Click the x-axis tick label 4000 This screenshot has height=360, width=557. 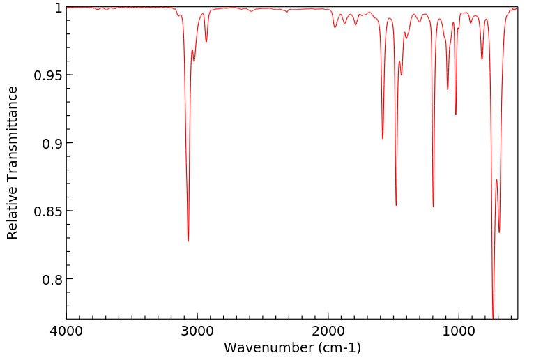66,330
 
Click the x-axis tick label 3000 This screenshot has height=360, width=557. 197,330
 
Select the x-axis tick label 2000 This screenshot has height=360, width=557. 328,330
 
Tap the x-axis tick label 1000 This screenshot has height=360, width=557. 459,330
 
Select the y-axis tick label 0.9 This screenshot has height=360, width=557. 51,143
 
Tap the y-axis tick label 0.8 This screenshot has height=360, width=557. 51,279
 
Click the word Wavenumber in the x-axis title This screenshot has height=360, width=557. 268,347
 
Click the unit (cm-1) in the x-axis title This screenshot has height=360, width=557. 338,347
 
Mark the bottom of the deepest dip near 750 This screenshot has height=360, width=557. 493,317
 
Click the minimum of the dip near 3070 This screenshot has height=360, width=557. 188,241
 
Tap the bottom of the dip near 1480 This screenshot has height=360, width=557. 396,205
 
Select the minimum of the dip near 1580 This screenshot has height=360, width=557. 383,138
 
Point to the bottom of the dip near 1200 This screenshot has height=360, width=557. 433,207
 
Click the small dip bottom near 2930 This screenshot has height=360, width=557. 206,42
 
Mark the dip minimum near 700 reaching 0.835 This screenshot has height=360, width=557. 499,232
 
